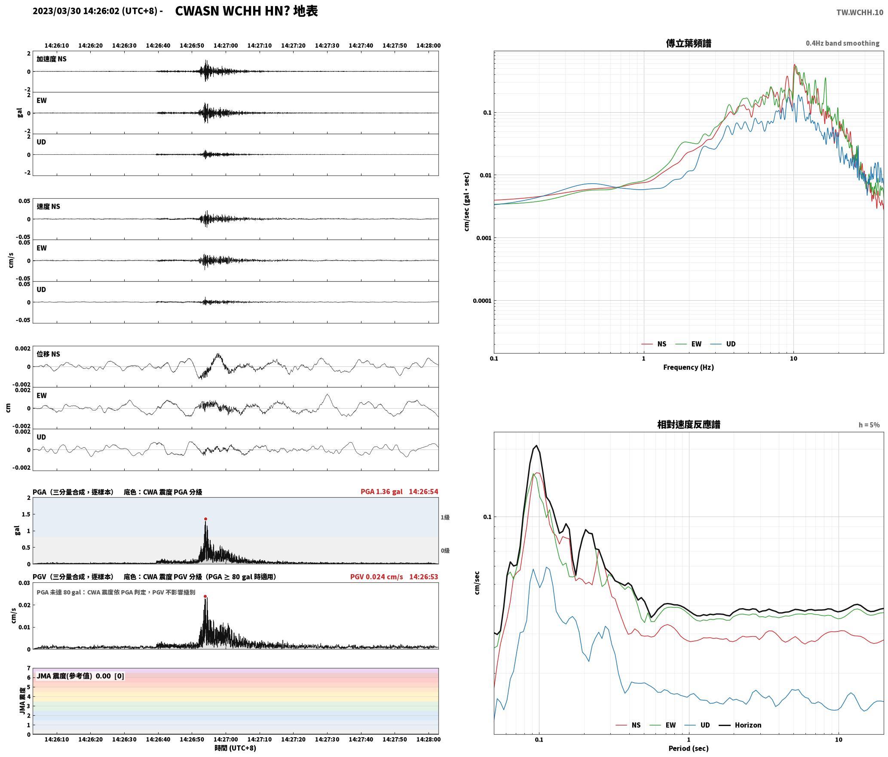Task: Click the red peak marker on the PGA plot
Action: tap(205, 519)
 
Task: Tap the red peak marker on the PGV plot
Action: tap(205, 596)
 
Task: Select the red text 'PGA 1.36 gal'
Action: tap(382, 492)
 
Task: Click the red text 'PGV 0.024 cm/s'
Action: tap(377, 577)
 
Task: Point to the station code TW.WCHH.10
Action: tap(860, 12)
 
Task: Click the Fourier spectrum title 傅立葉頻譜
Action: tap(689, 43)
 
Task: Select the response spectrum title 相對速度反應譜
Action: tap(689, 425)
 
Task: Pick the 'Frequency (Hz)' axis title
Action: tap(689, 367)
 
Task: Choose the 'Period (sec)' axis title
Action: tap(689, 748)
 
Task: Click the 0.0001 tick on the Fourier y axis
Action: tap(482, 301)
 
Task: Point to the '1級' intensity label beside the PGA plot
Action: tap(445, 517)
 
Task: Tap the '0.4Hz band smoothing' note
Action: tap(842, 43)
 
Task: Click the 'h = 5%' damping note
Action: tap(869, 425)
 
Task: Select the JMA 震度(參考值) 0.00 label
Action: tap(80, 676)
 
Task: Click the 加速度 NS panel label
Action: tap(52, 59)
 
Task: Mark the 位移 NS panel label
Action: tap(49, 354)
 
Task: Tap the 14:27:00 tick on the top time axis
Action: tap(226, 46)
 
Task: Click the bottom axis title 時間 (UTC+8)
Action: tap(236, 748)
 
